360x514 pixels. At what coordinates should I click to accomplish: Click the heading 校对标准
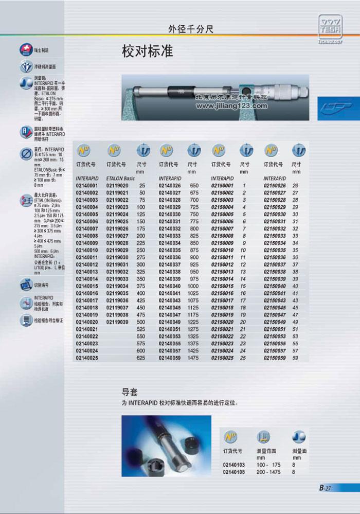147,52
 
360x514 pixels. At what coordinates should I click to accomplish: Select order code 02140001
86,185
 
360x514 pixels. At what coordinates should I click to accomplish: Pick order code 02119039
117,322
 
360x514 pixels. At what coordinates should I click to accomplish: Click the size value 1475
193,358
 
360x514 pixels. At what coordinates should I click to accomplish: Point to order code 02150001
223,185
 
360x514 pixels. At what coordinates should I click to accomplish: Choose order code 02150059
275,358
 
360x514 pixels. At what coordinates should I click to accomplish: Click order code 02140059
169,358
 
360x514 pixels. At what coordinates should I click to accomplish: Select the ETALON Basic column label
120,178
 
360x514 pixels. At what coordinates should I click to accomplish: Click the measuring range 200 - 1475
268,472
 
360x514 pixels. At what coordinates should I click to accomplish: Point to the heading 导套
130,392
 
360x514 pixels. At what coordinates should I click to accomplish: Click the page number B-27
324,488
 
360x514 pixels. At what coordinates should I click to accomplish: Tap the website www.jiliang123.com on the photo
231,107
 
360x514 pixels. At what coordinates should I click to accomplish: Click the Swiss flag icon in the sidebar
25,50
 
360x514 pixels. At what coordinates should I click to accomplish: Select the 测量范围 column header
265,451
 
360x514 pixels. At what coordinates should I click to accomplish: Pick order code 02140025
86,358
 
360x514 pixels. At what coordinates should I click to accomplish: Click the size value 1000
193,286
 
